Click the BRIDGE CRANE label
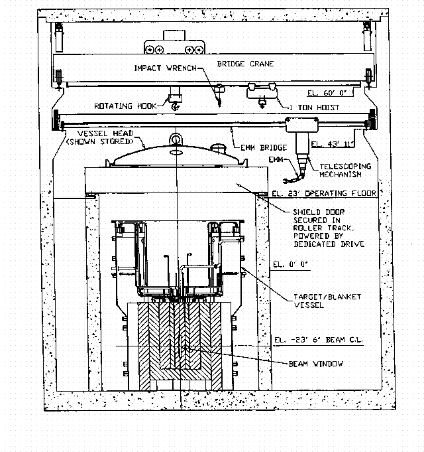click(245, 64)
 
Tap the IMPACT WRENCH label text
click(166, 68)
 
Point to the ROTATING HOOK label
click(125, 106)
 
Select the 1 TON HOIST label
click(315, 108)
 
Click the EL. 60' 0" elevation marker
click(327, 93)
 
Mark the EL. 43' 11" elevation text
click(332, 144)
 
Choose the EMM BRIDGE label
click(264, 147)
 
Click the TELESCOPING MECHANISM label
click(345, 171)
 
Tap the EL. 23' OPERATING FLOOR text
click(324, 193)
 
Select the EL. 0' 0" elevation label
click(290, 264)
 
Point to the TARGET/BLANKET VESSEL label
click(327, 301)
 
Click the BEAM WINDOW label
click(315, 364)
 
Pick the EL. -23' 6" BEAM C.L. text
click(318, 340)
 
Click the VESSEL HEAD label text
click(105, 133)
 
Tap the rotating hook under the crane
click(175, 107)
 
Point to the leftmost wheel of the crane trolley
click(150, 50)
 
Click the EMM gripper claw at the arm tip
click(286, 181)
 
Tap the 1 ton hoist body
click(262, 93)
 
